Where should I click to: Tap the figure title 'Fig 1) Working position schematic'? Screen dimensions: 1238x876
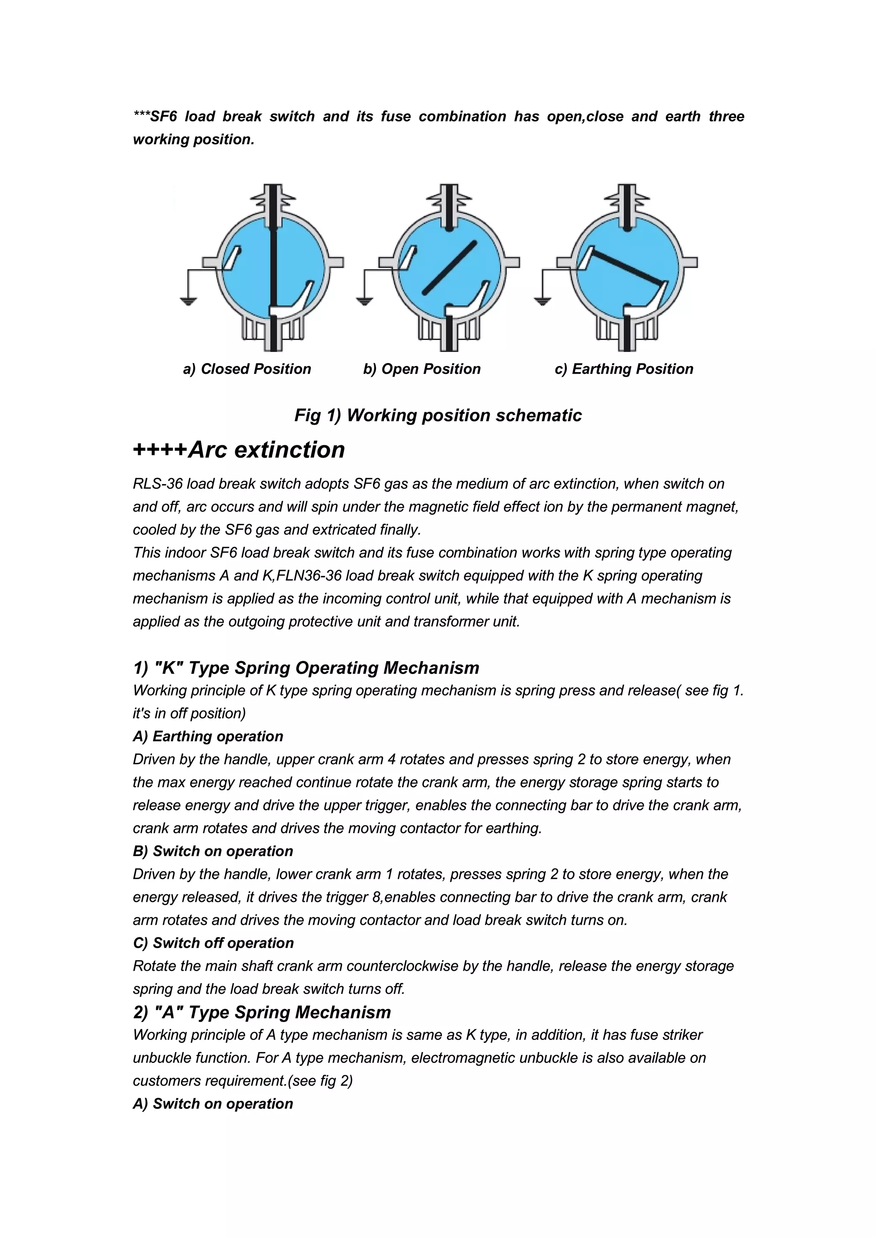tap(438, 415)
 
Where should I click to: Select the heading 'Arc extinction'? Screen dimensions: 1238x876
tap(266, 450)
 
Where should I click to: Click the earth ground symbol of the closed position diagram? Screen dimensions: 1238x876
tap(188, 301)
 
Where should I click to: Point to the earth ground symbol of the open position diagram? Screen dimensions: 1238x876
tap(364, 301)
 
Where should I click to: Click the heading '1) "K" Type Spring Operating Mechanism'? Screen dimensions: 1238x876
tap(306, 668)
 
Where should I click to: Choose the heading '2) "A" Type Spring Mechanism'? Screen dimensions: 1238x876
tap(262, 1012)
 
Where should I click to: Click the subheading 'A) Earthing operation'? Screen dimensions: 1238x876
tap(208, 736)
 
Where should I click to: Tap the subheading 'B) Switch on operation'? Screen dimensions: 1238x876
tap(213, 851)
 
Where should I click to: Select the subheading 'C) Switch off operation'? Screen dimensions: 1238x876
tap(213, 943)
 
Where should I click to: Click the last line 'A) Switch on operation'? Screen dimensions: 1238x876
tap(213, 1104)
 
